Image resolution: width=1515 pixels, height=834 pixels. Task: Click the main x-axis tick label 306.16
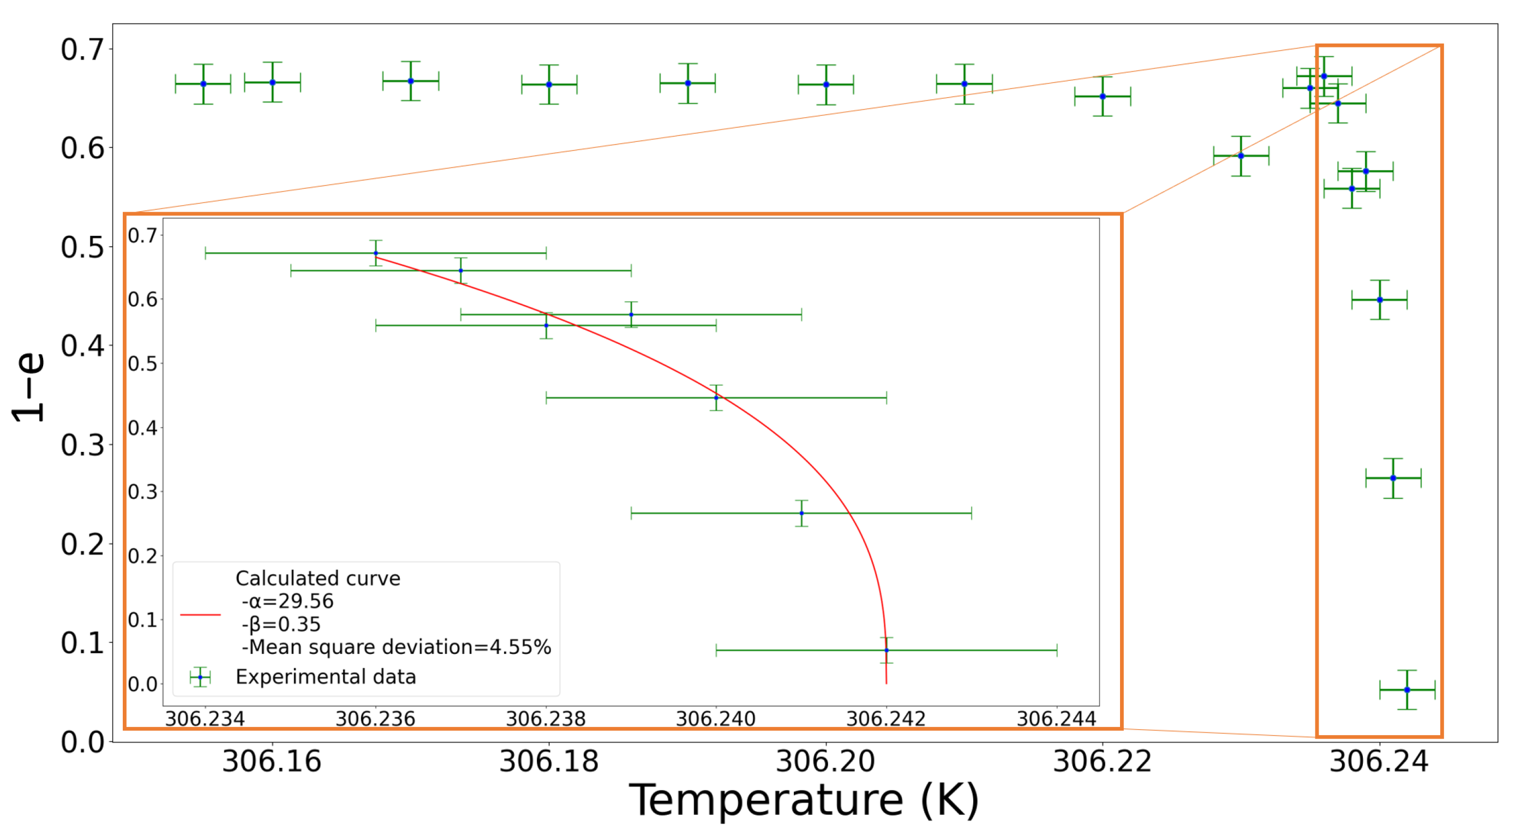click(272, 761)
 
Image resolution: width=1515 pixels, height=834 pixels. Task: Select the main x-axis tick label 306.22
click(1102, 761)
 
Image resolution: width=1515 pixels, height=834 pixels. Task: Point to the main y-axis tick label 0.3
click(82, 445)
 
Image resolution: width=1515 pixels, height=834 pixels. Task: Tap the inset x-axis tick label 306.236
click(375, 719)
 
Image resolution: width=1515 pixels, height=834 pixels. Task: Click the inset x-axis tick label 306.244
click(1056, 719)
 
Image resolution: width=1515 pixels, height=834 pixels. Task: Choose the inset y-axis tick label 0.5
click(142, 364)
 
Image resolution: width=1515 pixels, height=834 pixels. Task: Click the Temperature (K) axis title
click(804, 801)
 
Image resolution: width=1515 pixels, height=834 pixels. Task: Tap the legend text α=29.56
click(288, 601)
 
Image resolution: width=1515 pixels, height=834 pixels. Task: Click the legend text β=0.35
click(281, 624)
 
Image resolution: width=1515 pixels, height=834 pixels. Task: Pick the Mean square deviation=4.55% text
click(397, 647)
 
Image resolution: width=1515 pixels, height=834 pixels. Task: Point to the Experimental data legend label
click(325, 677)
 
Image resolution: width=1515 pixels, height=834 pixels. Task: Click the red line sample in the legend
click(200, 615)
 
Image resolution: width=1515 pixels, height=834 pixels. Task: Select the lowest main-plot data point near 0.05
click(1407, 690)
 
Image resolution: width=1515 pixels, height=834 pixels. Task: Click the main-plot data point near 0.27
click(1393, 478)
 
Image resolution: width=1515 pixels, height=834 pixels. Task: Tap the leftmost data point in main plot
click(203, 84)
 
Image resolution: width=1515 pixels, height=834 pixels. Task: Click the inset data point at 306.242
click(887, 651)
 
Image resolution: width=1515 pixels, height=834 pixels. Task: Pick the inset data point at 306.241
click(801, 513)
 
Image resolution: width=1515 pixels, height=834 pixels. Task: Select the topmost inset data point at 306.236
click(376, 253)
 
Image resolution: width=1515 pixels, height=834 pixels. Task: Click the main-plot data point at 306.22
click(1103, 97)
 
